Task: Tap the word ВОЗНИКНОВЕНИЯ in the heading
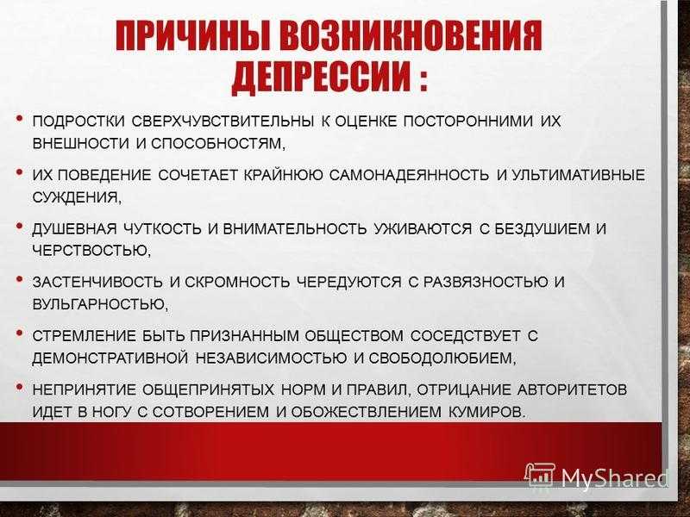411,35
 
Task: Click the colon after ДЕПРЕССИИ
423,78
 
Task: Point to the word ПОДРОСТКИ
78,121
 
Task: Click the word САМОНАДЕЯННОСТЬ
409,175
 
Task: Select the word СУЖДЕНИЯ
76,197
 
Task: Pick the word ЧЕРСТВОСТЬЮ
91,251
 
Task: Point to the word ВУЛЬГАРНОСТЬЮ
100,304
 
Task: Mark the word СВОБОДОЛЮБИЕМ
442,358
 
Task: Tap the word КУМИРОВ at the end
487,412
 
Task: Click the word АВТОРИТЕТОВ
572,389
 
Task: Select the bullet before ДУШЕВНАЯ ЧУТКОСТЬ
19,226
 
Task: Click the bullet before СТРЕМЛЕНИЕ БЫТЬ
19,333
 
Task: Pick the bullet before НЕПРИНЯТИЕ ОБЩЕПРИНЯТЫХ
19,386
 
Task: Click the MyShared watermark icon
541,475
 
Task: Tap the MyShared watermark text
614,477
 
